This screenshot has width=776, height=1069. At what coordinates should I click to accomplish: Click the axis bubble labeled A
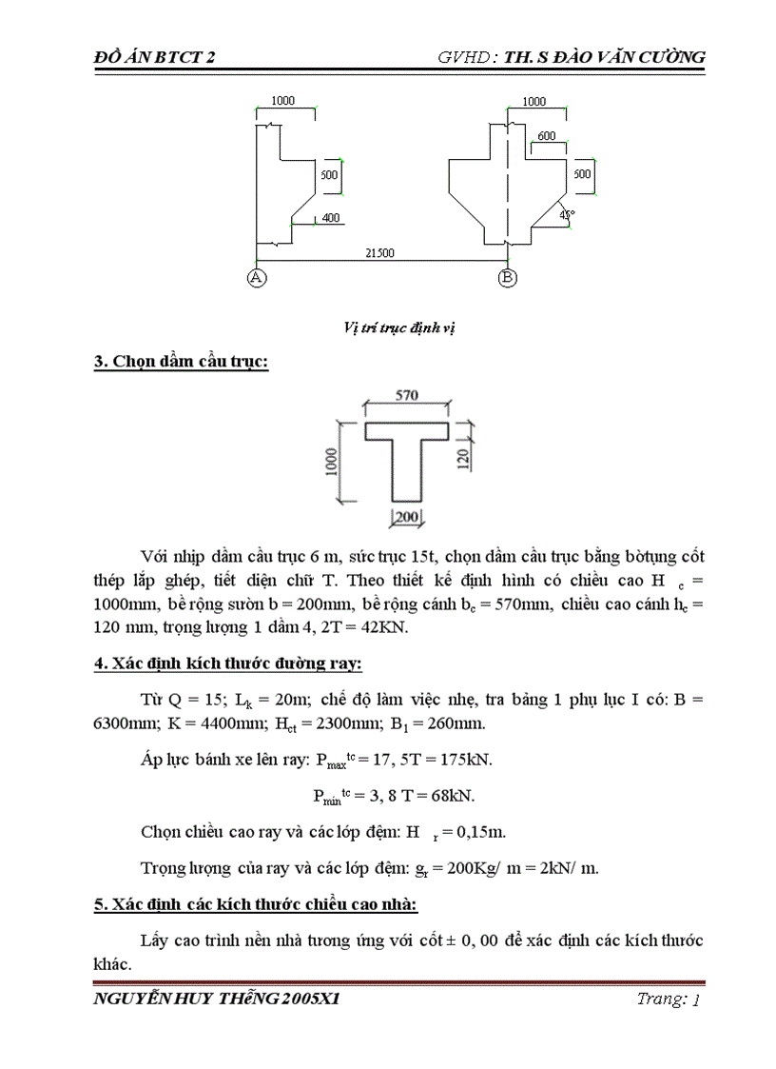click(256, 278)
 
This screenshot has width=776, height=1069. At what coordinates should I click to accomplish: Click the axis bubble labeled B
click(507, 278)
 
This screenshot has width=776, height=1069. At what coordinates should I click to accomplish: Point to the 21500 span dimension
click(381, 253)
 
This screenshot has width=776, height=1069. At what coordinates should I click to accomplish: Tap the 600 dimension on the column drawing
click(546, 136)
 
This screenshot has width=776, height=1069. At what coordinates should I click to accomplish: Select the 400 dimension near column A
click(330, 218)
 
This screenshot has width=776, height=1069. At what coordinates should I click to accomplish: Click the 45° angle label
click(568, 214)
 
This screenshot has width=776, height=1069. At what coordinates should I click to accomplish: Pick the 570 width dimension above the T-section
click(407, 394)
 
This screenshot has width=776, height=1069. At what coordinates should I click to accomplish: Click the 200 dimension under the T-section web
click(408, 516)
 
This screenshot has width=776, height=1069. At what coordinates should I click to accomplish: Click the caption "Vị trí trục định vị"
click(400, 327)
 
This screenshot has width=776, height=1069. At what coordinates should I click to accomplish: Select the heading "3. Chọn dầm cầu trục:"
click(181, 362)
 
